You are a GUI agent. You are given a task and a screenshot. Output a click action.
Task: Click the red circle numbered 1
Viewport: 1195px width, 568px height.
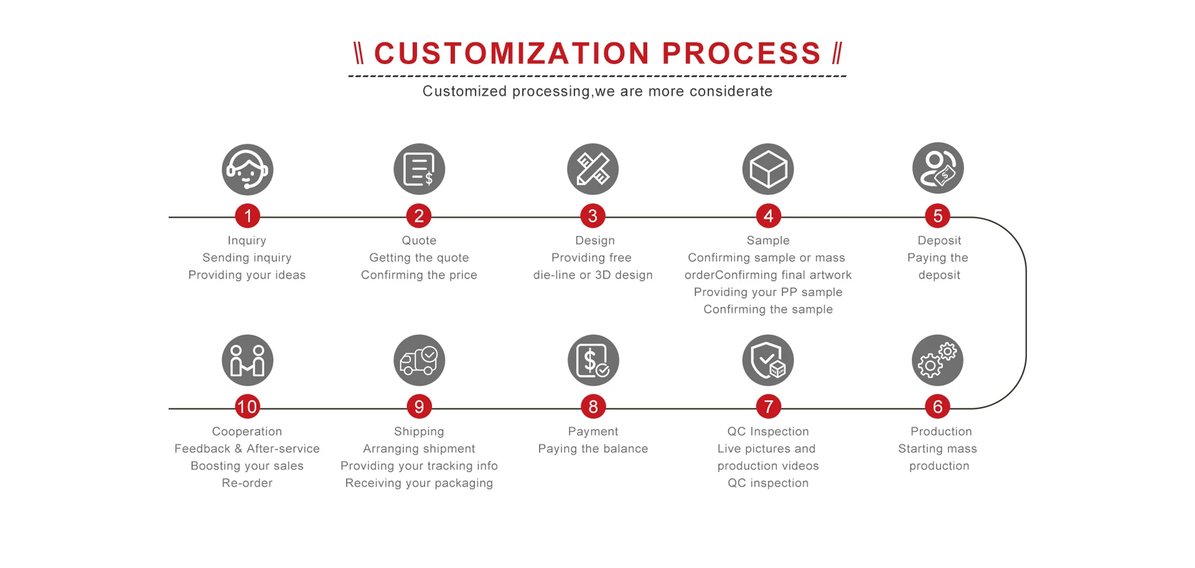click(248, 216)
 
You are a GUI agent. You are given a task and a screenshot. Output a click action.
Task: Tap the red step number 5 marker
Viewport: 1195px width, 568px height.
click(937, 216)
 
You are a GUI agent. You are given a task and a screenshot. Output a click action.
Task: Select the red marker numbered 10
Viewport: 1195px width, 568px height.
click(247, 407)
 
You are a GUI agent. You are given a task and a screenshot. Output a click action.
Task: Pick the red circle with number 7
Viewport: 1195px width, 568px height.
click(768, 407)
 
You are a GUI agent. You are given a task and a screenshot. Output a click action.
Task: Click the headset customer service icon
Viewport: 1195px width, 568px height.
click(248, 169)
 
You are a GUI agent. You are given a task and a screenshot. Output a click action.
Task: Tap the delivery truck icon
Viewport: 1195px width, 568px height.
click(419, 360)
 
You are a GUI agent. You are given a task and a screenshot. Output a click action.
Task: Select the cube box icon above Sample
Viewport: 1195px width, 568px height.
click(768, 169)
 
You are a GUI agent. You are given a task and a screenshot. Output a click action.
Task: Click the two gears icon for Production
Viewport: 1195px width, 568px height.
click(937, 360)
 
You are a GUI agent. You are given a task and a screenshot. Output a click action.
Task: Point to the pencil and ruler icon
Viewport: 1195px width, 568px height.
click(593, 169)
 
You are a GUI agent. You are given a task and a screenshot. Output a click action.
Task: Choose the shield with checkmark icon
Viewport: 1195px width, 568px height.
click(768, 360)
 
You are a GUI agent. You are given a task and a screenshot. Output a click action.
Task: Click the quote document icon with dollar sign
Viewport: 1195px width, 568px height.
click(419, 169)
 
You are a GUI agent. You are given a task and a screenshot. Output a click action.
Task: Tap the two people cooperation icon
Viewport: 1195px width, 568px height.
click(248, 360)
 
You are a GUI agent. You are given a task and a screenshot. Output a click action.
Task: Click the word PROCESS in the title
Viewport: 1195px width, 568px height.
click(741, 54)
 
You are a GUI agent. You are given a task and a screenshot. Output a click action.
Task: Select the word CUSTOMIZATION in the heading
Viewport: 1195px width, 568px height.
click(512, 54)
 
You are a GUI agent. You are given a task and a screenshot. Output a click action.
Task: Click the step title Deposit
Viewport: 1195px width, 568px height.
click(939, 241)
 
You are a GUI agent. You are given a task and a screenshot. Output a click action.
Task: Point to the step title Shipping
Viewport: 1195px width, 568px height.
click(419, 432)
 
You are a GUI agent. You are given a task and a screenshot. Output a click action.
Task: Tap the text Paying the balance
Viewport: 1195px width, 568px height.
click(593, 449)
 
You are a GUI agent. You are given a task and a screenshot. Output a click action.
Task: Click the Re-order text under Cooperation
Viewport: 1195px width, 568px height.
click(247, 483)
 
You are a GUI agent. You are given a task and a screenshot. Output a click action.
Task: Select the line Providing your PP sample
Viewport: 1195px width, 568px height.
click(768, 292)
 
